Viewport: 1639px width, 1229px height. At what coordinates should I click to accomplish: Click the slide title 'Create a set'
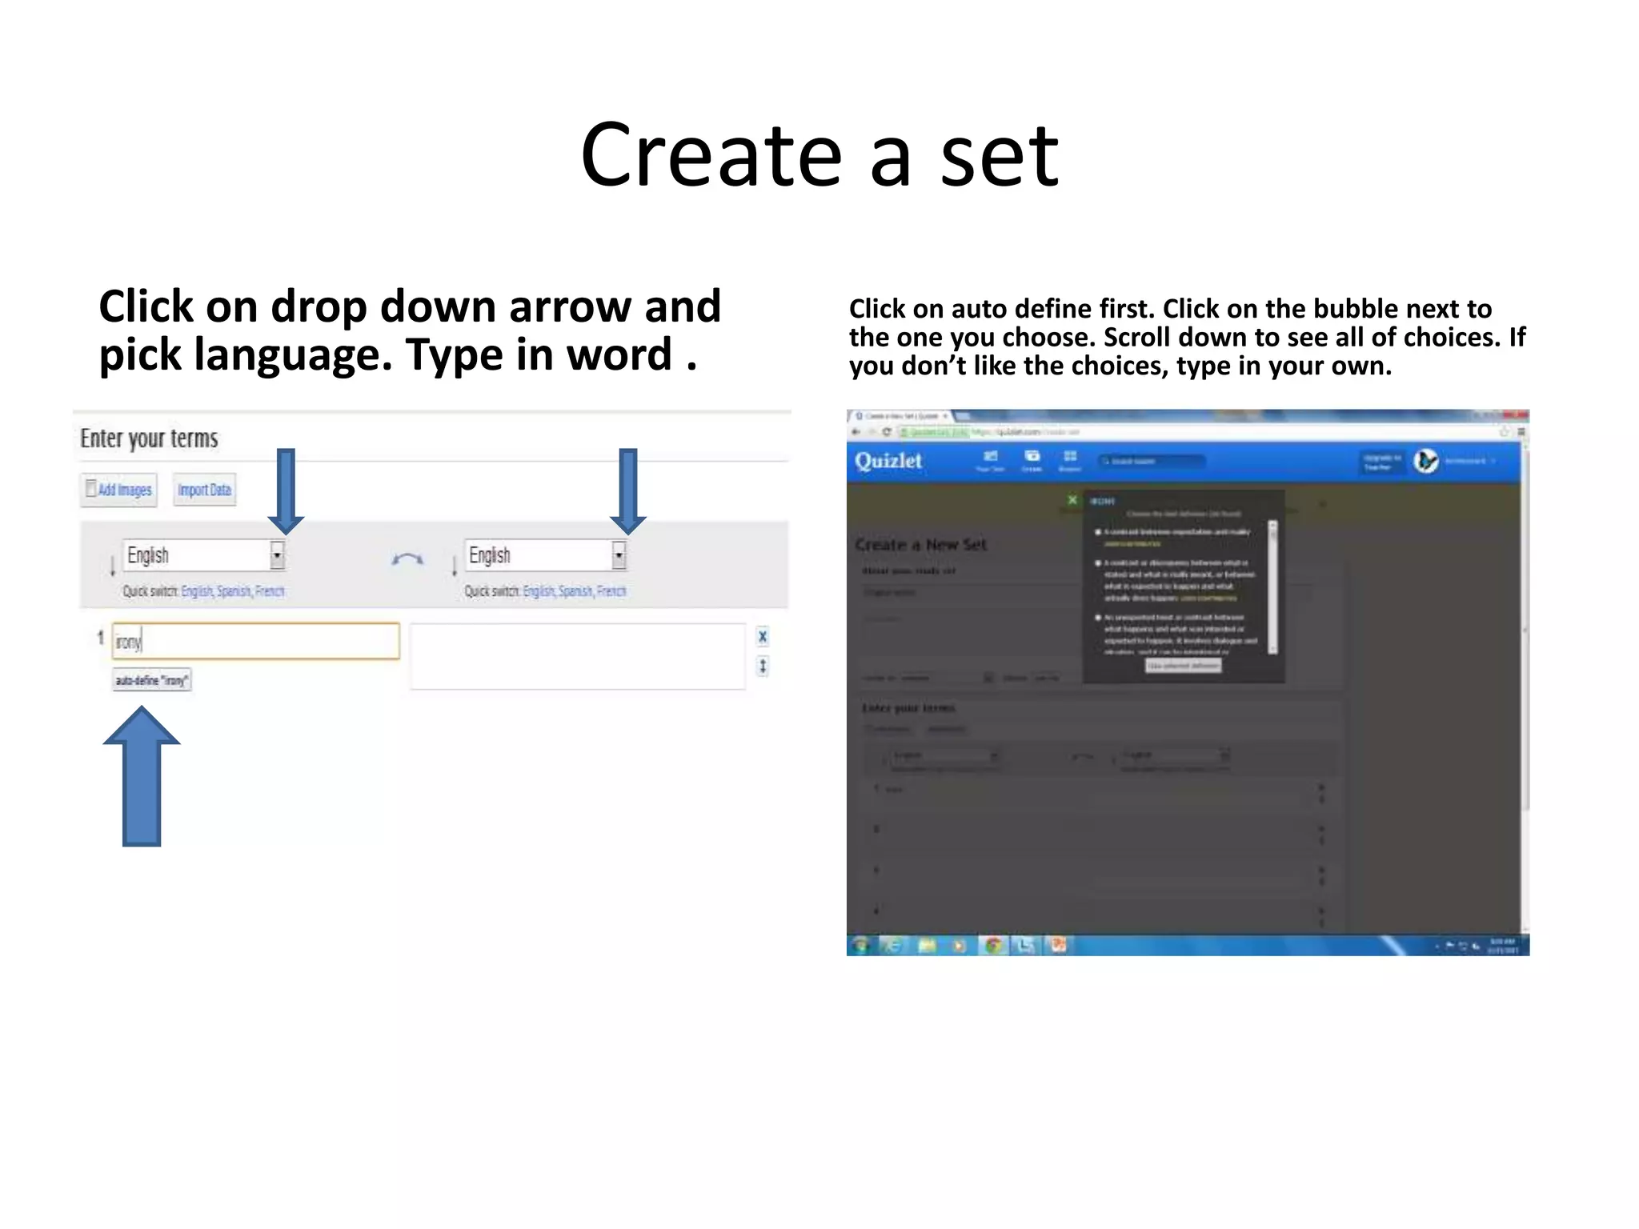[819, 155]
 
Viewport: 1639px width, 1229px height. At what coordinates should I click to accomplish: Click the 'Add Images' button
[118, 490]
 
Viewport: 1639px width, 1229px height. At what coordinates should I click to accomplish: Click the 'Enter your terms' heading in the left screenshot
[149, 438]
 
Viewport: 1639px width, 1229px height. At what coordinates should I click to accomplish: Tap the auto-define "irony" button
[151, 680]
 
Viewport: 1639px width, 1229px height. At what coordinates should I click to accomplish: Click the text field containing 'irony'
[255, 641]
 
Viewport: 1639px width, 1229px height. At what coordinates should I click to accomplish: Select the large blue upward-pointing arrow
[142, 776]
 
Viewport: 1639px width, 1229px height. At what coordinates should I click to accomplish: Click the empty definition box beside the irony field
[577, 656]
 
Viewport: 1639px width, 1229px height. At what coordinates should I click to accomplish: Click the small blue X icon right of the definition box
[763, 637]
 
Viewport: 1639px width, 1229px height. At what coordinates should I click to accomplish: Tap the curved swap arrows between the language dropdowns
[407, 558]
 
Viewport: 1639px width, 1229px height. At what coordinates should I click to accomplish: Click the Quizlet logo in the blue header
[888, 462]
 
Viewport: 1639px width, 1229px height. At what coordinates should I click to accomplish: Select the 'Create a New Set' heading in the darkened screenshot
[920, 545]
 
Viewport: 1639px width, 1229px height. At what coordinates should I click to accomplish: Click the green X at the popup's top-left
[1072, 500]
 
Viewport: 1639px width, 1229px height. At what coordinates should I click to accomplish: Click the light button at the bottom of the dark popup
[1183, 666]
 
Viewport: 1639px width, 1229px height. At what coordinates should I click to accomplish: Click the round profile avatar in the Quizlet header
[1425, 461]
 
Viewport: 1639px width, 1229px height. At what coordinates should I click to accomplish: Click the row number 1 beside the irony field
[100, 638]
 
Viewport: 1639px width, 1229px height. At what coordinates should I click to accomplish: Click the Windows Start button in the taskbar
[861, 946]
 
